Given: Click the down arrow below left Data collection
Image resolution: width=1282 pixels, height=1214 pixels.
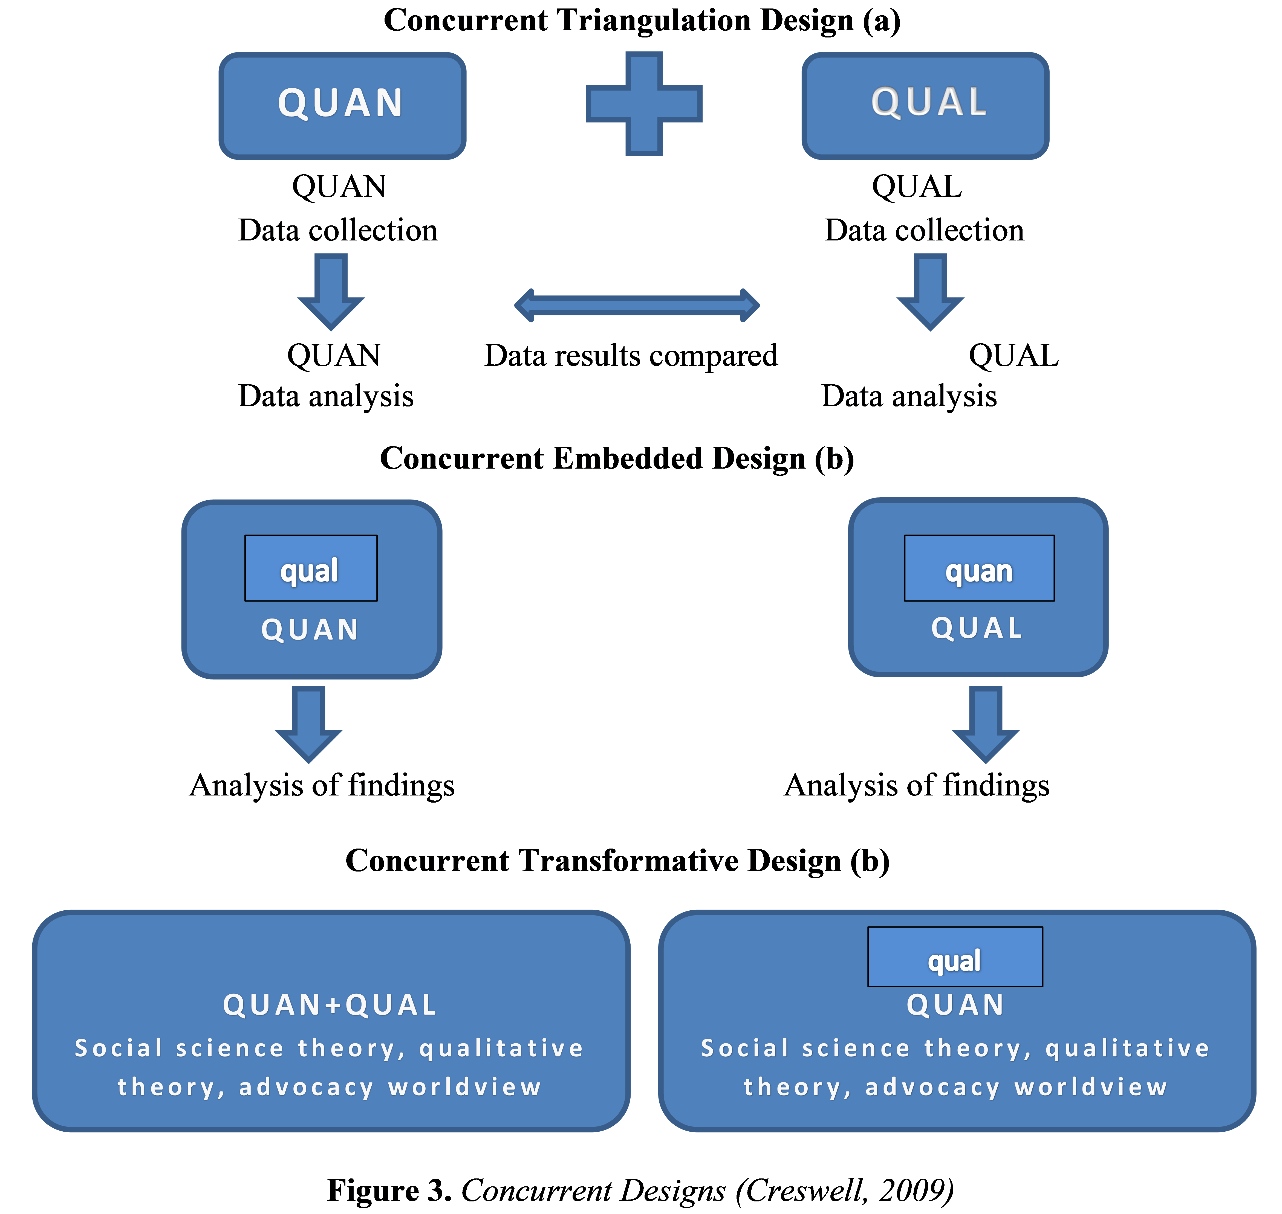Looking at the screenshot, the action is (x=331, y=291).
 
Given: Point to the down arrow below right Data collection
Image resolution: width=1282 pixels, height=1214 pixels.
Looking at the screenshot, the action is (x=930, y=291).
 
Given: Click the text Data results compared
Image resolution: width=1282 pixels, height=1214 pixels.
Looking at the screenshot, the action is (x=631, y=356).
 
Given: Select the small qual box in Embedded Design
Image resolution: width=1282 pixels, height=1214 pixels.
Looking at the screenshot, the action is (x=311, y=568).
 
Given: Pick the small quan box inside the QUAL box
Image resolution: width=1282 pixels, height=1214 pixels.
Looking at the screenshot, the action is (x=979, y=568).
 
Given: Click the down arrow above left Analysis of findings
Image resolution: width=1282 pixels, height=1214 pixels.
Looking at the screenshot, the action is (x=308, y=724).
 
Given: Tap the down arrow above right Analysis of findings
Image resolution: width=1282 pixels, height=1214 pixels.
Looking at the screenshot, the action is (x=986, y=724).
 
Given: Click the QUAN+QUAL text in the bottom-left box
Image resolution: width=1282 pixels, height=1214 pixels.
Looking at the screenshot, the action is (x=330, y=1005).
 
